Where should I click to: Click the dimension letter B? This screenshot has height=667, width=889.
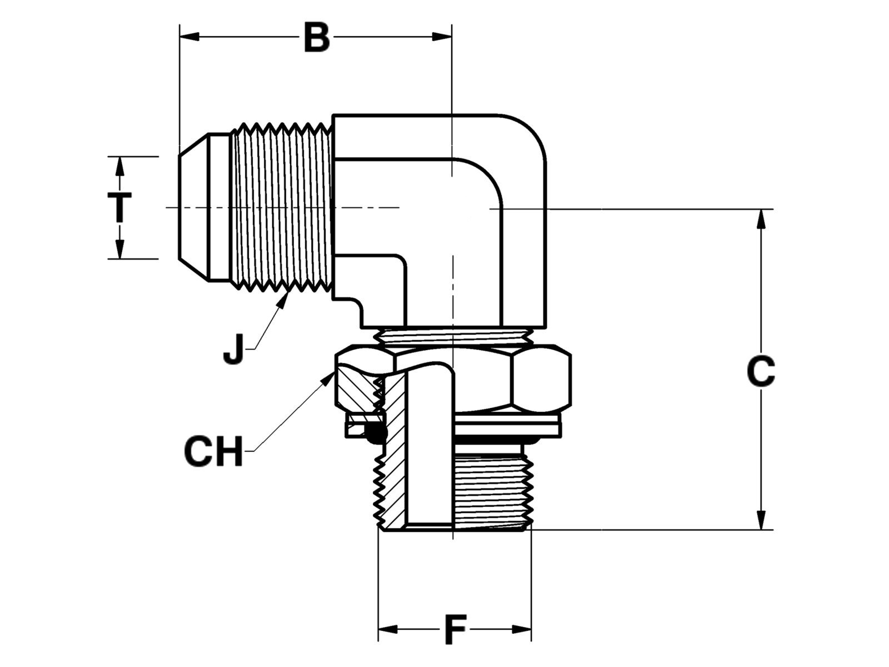317,38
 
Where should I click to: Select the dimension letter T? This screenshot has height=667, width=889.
119,207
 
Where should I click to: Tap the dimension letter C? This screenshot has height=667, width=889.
761,371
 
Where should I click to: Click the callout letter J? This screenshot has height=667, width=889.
234,348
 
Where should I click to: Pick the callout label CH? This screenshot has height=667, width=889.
214,452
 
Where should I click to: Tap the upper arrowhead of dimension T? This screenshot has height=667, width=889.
119,166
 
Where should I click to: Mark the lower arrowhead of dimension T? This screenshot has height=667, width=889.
119,250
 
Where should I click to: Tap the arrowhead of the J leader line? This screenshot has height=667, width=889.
286,297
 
